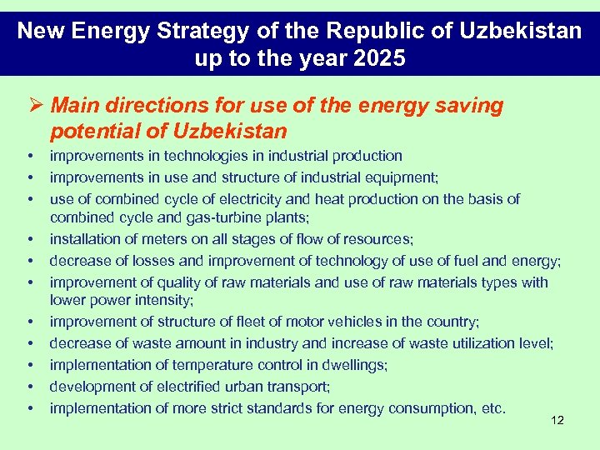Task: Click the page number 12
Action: click(x=557, y=420)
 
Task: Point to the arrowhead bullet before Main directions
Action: click(x=35, y=107)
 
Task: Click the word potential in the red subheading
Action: click(x=86, y=132)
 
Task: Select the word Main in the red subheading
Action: click(x=72, y=106)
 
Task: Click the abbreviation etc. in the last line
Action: click(x=493, y=408)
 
